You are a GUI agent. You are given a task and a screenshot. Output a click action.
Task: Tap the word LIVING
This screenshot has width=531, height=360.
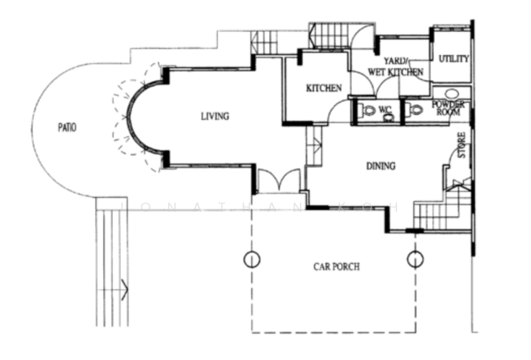click(x=215, y=116)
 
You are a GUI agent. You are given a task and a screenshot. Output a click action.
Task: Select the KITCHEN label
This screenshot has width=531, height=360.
click(x=323, y=88)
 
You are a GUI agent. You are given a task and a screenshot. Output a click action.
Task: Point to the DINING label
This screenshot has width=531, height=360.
click(x=380, y=166)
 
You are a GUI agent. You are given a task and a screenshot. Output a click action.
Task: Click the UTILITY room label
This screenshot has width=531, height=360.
click(x=453, y=59)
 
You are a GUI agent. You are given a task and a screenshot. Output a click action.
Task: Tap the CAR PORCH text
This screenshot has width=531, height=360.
click(x=337, y=267)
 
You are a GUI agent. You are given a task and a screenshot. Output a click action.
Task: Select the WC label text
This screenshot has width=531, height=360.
click(x=385, y=110)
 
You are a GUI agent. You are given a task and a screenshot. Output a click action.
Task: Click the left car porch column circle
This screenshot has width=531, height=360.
click(x=252, y=258)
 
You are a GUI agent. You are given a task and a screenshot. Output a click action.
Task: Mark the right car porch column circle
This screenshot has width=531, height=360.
click(x=415, y=258)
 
